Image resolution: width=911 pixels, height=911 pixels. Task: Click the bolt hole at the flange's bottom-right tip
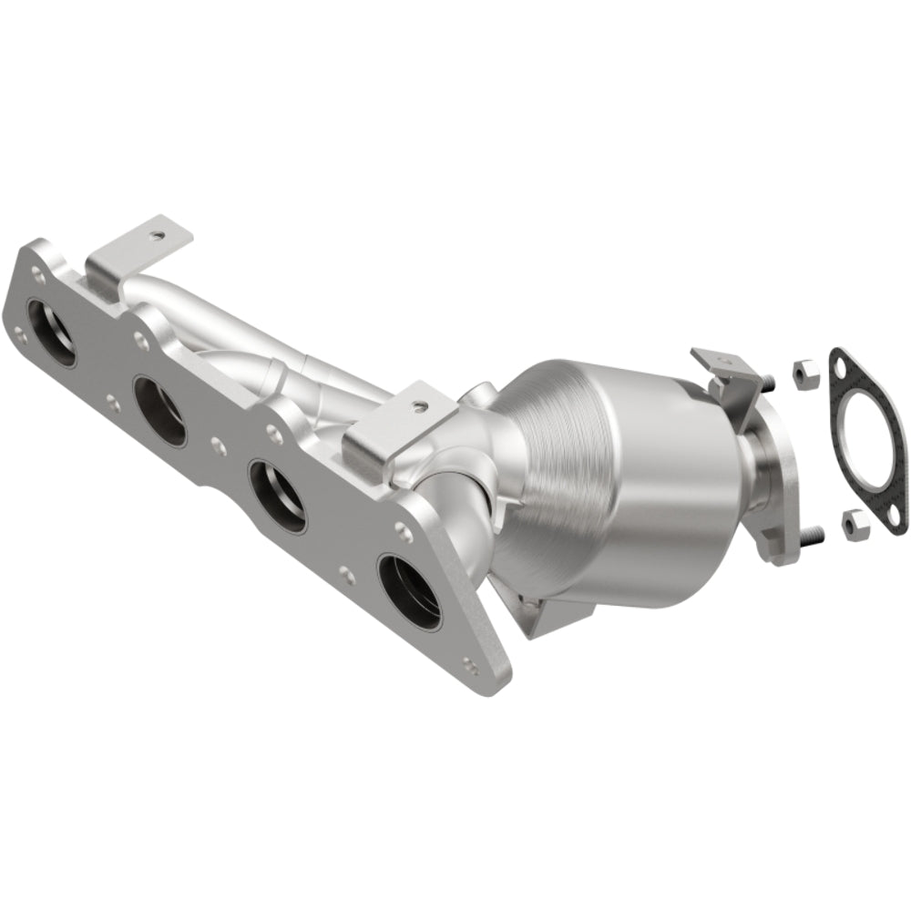[468, 664]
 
